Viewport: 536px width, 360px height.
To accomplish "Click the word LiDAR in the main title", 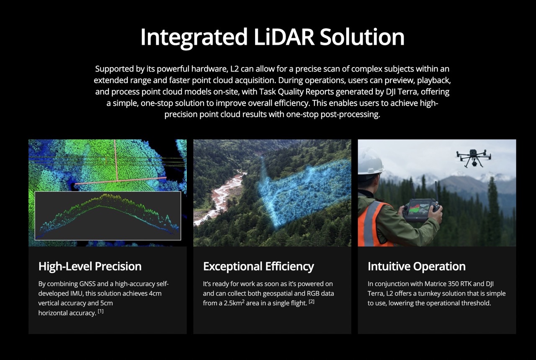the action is (284, 37).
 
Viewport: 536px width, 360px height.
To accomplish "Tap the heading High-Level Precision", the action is (90, 266).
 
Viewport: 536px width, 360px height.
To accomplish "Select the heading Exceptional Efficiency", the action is (258, 266).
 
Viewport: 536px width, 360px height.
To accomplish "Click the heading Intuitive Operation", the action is (417, 266).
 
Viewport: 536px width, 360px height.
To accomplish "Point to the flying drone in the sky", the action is (473, 158).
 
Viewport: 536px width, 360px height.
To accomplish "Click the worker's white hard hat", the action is (371, 162).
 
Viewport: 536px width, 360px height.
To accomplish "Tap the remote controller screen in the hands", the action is (420, 207).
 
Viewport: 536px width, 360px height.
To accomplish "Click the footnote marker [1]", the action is (101, 311).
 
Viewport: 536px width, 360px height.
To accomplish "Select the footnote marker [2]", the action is (311, 301).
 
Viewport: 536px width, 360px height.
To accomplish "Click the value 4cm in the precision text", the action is (155, 293).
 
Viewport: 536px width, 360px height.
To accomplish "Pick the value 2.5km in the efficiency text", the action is (232, 303).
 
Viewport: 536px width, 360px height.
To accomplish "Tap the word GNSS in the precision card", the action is (88, 284).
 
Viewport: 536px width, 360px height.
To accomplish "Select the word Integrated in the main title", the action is (194, 37).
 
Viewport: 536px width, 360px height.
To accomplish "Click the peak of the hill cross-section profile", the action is (105, 195).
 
